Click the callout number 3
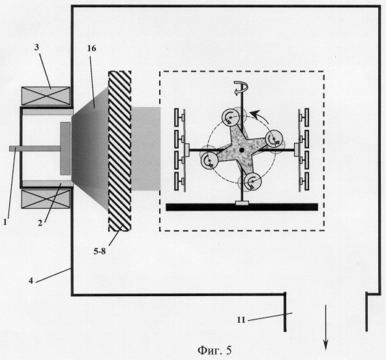pyautogui.click(x=37, y=47)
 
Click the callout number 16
pyautogui.click(x=91, y=48)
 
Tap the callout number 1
pyautogui.click(x=5, y=222)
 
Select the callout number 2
pyautogui.click(x=40, y=223)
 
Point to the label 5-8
pyautogui.click(x=100, y=251)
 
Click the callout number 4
pyautogui.click(x=31, y=280)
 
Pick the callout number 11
pyautogui.click(x=241, y=320)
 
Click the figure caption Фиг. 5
pyautogui.click(x=215, y=350)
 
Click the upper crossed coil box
pyautogui.click(x=46, y=96)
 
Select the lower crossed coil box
pyautogui.click(x=46, y=199)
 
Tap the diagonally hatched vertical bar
pyautogui.click(x=119, y=151)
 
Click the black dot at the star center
pyautogui.click(x=241, y=150)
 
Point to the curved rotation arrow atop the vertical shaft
pyautogui.click(x=241, y=88)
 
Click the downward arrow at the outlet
pyautogui.click(x=326, y=327)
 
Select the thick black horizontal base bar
pyautogui.click(x=242, y=207)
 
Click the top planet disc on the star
pyautogui.click(x=231, y=117)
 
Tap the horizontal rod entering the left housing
pyautogui.click(x=35, y=148)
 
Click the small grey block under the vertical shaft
pyautogui.click(x=243, y=203)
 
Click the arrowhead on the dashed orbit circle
pyautogui.click(x=256, y=114)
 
